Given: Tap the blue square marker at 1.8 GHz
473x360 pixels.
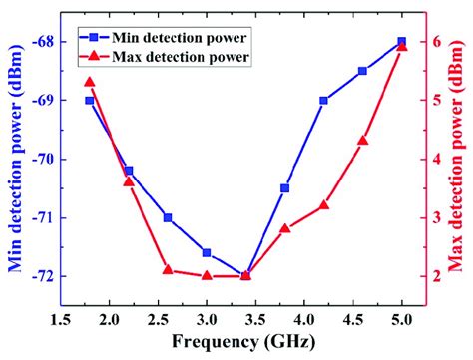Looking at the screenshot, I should (89, 101).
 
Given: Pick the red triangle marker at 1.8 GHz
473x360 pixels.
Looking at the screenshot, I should (89, 82).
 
